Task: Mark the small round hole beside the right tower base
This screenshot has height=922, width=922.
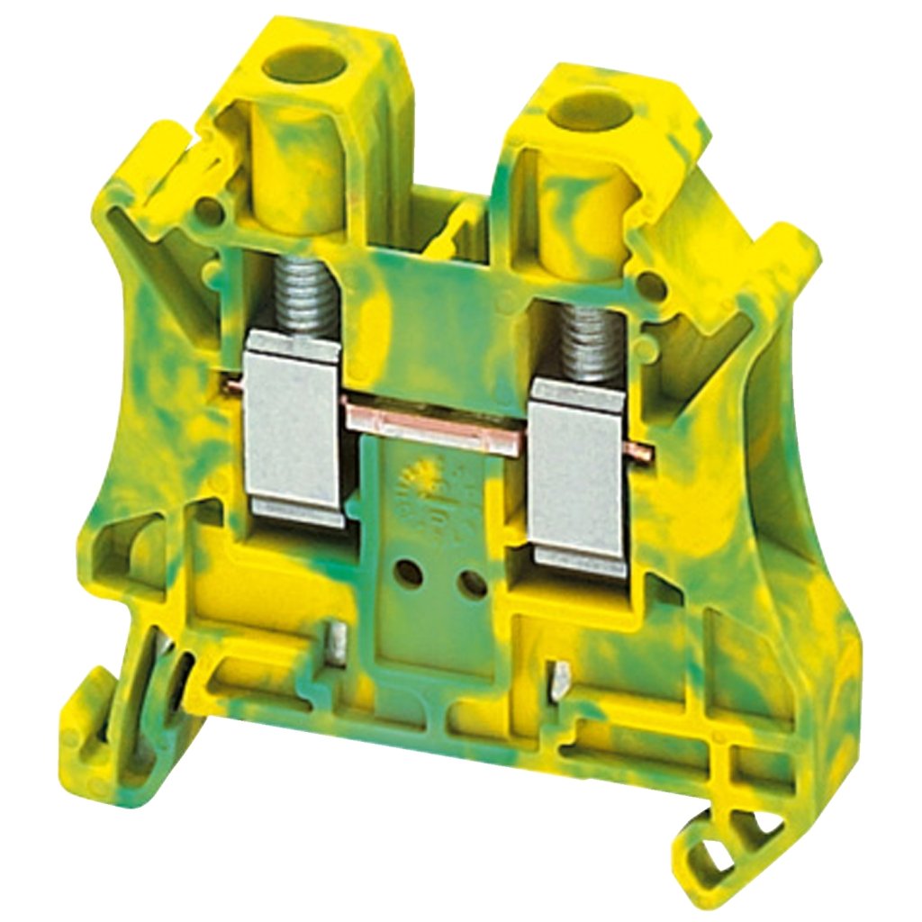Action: [x=647, y=288]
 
